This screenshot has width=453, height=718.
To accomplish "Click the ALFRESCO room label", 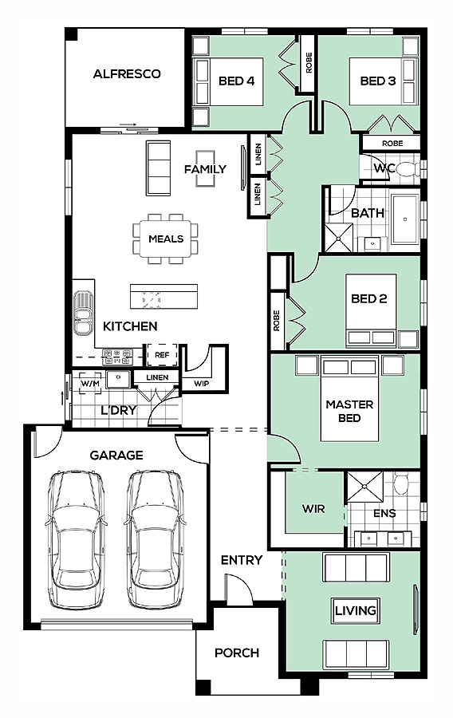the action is tap(127, 73).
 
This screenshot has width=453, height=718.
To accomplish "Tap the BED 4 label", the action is tap(236, 81).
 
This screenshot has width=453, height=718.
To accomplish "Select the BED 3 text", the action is tap(377, 81).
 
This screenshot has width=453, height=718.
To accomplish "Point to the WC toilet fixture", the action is tap(408, 169).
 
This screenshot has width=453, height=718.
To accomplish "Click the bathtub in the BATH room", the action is tap(405, 218).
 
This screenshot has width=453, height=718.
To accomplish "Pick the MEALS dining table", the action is tap(166, 239).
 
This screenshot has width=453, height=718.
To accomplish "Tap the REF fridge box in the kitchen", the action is tap(162, 355).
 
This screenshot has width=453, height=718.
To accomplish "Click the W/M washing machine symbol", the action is tap(90, 383).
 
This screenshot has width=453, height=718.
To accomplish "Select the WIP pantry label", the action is tap(201, 384).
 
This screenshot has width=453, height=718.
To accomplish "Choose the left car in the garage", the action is tap(77, 539).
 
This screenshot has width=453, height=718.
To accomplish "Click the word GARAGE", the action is tap(116, 456).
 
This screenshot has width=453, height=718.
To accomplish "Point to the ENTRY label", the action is tap(242, 560).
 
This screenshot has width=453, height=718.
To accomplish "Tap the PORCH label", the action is tap(237, 653).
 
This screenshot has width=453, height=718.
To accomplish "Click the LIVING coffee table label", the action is tap(356, 610).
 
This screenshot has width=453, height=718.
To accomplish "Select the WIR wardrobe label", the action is tap(313, 509).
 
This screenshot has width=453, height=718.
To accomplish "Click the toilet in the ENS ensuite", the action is tap(402, 483).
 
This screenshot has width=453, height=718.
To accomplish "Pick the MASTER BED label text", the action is tap(349, 411).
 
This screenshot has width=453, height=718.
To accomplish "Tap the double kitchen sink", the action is tap(83, 312).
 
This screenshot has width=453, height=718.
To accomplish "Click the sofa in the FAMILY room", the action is tap(159, 168).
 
